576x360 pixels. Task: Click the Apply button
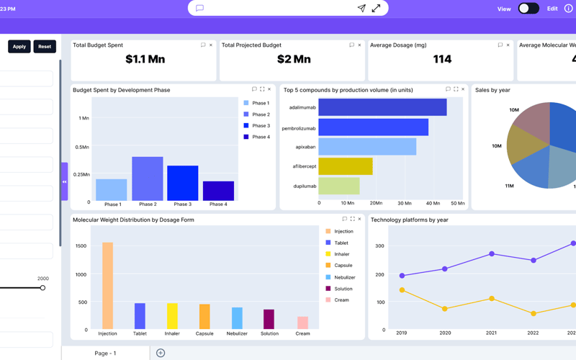tap(19, 47)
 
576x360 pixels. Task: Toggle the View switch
tap(528, 9)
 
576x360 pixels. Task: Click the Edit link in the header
tap(552, 9)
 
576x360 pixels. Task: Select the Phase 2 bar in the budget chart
tap(148, 179)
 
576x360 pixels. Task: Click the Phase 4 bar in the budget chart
tap(218, 191)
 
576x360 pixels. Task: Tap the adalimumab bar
tap(382, 107)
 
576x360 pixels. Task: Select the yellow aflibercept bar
tap(346, 166)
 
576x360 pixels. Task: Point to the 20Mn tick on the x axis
tap(375, 204)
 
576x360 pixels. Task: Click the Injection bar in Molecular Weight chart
tap(107, 286)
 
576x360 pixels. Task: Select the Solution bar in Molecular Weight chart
tap(269, 319)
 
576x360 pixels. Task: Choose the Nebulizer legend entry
tap(345, 277)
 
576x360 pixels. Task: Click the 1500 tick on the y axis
tap(81, 246)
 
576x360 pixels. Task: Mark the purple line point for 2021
tap(492, 254)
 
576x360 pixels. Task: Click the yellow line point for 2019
tap(402, 290)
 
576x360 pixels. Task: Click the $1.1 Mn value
tap(145, 60)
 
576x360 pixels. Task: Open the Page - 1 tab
tap(105, 354)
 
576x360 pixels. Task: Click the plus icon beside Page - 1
tap(161, 353)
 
